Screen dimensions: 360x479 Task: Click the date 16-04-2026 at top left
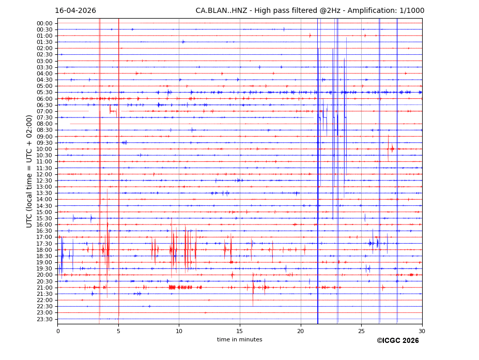(75, 11)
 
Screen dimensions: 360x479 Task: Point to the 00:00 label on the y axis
(44, 23)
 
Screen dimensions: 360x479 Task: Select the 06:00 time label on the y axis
(44, 99)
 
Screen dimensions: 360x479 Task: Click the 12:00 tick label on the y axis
(44, 174)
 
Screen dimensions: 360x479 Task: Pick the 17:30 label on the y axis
(44, 244)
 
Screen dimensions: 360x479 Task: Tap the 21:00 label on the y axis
(44, 288)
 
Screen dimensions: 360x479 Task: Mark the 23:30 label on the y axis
(44, 319)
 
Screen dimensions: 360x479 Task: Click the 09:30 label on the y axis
(44, 143)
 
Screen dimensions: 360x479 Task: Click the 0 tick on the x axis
(58, 331)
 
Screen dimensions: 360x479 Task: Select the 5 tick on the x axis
(118, 331)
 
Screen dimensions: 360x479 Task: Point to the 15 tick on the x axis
(240, 331)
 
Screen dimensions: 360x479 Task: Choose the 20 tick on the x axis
(301, 331)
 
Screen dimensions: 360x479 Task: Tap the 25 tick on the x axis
(361, 331)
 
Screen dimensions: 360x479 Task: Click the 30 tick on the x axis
(422, 331)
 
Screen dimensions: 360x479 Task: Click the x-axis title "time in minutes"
(240, 340)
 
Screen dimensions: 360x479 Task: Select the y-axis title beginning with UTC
(29, 171)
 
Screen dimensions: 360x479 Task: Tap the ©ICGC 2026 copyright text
(397, 341)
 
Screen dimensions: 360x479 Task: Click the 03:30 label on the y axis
(44, 67)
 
